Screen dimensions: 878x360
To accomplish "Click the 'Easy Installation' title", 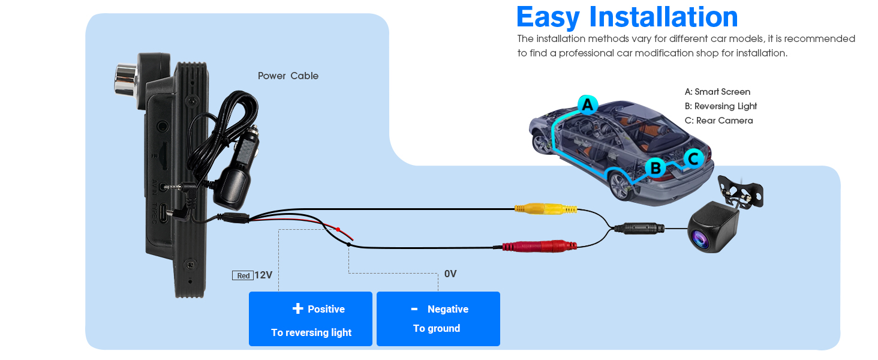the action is point(627,17).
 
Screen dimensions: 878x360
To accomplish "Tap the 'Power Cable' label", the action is point(288,76).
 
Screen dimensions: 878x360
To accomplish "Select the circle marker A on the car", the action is point(588,105).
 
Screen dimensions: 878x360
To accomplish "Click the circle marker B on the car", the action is point(656,168).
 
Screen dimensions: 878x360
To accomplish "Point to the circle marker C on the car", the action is point(694,159).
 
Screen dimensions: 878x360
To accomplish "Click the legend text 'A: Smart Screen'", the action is point(717,92).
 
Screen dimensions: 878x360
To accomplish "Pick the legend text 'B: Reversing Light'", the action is point(720,106).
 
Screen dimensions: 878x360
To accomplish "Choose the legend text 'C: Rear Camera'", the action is point(718,121).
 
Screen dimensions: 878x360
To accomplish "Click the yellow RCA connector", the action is point(546,209).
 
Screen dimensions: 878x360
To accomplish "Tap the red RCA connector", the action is point(540,246).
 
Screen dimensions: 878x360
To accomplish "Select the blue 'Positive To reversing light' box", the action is point(311,319).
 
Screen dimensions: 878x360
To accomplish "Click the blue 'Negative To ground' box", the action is point(438,319).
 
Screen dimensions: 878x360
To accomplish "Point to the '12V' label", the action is point(263,275).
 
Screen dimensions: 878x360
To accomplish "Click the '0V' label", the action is point(450,274).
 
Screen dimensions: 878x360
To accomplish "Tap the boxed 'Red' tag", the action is point(243,275).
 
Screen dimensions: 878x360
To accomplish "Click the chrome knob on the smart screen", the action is point(126,81).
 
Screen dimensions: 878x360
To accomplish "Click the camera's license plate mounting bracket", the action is point(740,192).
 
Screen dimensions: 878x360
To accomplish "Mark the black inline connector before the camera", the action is point(639,228).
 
